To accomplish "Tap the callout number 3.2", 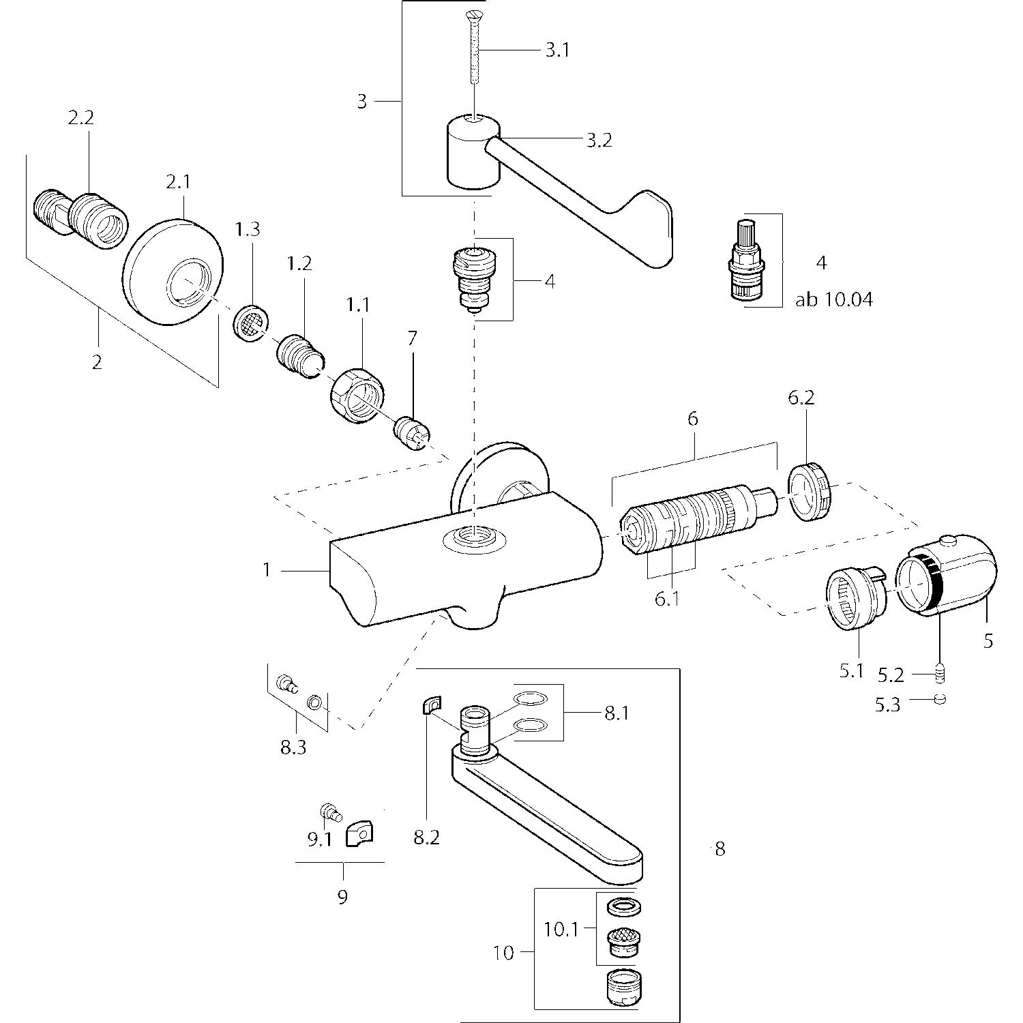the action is (x=599, y=140).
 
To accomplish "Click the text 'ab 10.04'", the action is (x=833, y=299).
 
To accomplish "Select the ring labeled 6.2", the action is (x=811, y=492).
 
